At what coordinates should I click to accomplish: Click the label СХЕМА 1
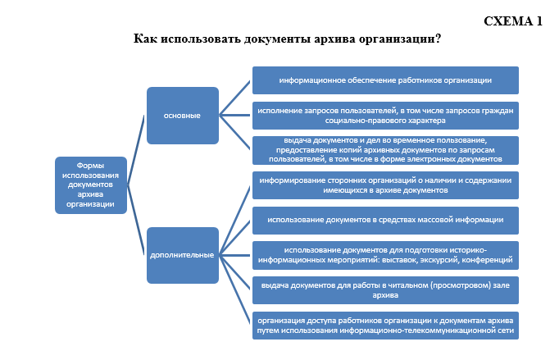513,21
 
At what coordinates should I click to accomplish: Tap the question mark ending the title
438,38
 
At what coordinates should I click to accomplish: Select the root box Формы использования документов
91,185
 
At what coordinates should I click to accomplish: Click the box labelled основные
183,116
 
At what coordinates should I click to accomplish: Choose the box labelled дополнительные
183,256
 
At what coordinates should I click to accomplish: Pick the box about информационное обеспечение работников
385,80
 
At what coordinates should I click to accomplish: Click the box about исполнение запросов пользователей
385,116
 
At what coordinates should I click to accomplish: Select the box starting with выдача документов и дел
385,150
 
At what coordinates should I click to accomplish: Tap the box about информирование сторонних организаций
385,185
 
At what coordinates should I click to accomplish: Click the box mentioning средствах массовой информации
385,221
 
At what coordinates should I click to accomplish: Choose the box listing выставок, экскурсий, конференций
385,256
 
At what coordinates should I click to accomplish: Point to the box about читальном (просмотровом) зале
385,290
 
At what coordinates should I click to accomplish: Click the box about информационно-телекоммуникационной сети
385,326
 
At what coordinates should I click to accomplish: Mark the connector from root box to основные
135,150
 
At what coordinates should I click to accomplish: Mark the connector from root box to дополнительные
135,220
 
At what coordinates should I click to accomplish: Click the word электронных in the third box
432,159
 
